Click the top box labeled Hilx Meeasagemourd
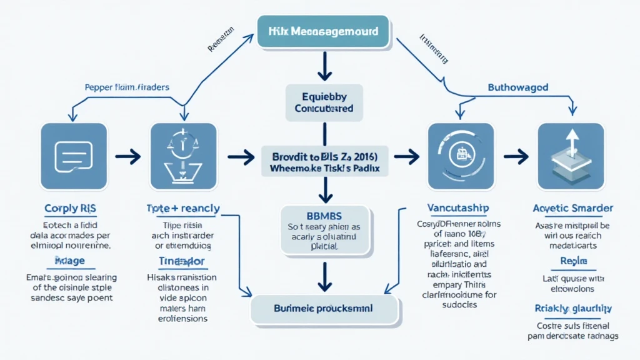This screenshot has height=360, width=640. tap(322, 31)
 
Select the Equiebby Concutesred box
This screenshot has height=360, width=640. tap(324, 102)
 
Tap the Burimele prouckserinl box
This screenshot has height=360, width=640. tap(324, 309)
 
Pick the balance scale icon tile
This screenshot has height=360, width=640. tap(184, 156)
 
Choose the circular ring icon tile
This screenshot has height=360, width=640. tap(461, 156)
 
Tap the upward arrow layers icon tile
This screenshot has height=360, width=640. tap(571, 156)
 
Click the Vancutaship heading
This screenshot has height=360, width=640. tap(458, 207)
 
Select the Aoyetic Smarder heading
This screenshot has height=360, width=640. tap(573, 208)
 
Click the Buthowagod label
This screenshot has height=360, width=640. tap(517, 87)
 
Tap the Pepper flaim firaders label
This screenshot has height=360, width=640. tap(127, 87)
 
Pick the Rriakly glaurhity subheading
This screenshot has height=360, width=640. tap(573, 308)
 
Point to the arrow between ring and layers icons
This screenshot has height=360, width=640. tap(516, 156)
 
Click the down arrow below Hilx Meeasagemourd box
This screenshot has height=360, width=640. tap(324, 67)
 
